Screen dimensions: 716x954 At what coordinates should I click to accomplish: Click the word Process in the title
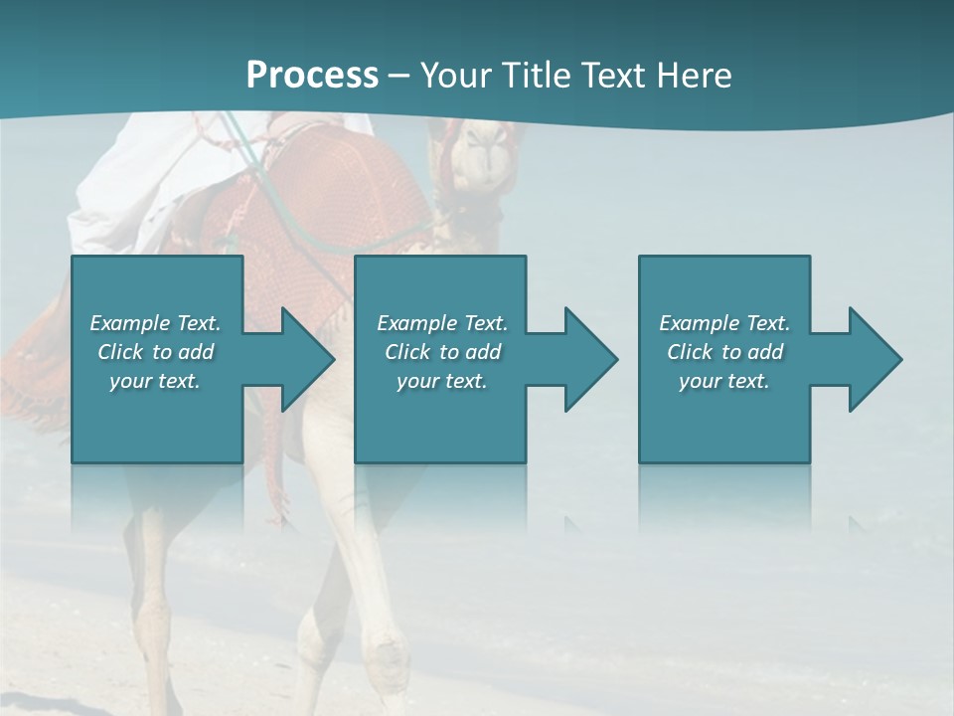click(312, 76)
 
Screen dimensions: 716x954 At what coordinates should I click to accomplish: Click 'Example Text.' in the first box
click(155, 323)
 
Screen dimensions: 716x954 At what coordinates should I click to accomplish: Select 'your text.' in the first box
click(155, 381)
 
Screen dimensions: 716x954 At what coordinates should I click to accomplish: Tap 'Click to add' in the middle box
click(442, 352)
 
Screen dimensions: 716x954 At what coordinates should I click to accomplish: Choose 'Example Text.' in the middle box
click(442, 323)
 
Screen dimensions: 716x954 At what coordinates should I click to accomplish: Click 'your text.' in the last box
click(724, 381)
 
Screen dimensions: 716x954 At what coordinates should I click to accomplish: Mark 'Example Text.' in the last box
click(724, 323)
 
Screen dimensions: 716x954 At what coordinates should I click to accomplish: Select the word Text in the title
click(609, 76)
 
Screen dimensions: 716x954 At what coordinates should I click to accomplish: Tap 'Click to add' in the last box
click(724, 352)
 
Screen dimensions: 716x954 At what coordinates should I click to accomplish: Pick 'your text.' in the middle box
click(442, 381)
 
